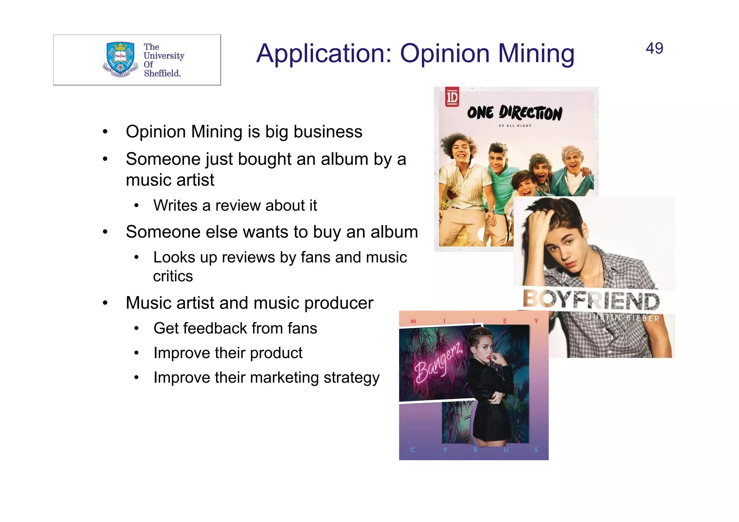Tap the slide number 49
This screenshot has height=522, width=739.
point(654,48)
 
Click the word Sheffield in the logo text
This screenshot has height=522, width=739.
point(162,73)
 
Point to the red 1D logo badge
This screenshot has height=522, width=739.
point(452,97)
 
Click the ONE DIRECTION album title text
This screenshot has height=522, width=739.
point(515,113)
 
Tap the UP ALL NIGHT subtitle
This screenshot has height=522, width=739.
point(515,126)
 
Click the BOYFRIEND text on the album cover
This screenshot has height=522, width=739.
point(591,301)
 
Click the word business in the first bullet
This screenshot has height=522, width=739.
point(328,132)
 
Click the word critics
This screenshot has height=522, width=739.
point(173,276)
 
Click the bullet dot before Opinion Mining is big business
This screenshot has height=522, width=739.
point(105,132)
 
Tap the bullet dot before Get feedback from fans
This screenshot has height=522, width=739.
point(136,329)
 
